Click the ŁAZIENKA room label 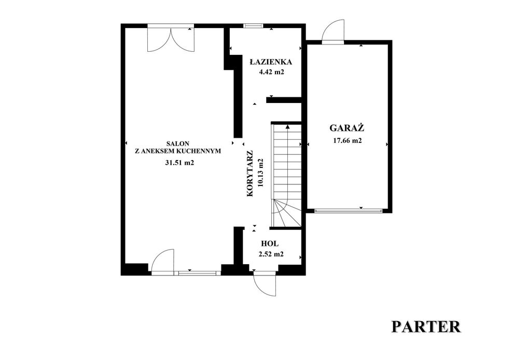[x=271, y=62]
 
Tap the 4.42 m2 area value [x=271, y=72]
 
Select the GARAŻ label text [x=347, y=127]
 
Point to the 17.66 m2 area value [x=347, y=141]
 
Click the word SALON [x=177, y=143]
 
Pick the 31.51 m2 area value [x=179, y=163]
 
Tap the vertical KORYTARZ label [x=250, y=173]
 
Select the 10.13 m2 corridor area [x=261, y=172]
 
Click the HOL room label [x=270, y=243]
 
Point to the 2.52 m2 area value [x=271, y=254]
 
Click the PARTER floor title [x=426, y=327]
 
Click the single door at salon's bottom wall [x=162, y=260]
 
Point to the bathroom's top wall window [x=253, y=26]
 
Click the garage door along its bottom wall [x=348, y=211]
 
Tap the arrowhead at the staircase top [x=287, y=126]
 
